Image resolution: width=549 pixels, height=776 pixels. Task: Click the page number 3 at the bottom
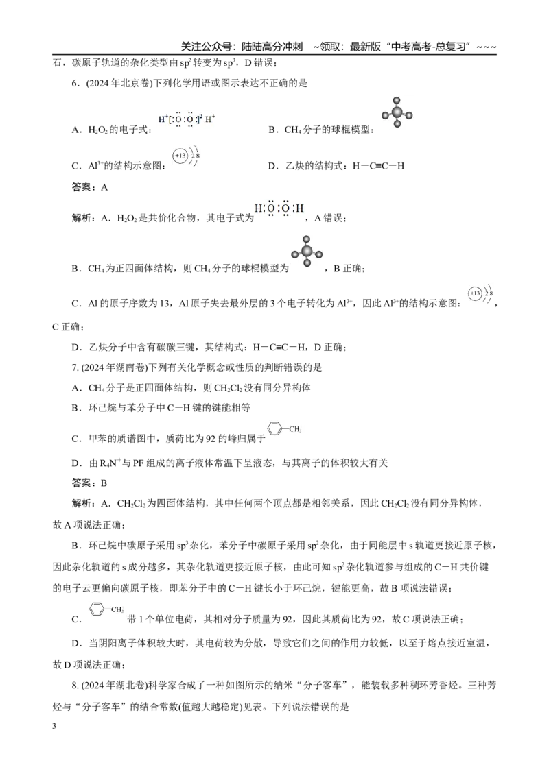[54, 726]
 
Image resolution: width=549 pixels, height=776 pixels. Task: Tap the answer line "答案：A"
[90, 187]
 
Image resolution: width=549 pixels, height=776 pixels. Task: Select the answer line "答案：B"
[90, 483]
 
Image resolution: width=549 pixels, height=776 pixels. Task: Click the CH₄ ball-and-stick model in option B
[397, 112]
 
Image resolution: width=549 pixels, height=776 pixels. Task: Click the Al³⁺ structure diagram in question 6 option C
[186, 156]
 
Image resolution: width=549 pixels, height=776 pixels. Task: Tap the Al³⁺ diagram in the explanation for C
[480, 294]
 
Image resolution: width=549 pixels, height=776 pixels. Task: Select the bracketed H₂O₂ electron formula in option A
[187, 119]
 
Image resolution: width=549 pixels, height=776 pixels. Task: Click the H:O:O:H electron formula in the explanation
[279, 209]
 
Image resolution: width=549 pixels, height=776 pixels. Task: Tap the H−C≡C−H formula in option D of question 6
[379, 167]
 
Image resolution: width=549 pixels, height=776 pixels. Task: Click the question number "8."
[75, 686]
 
